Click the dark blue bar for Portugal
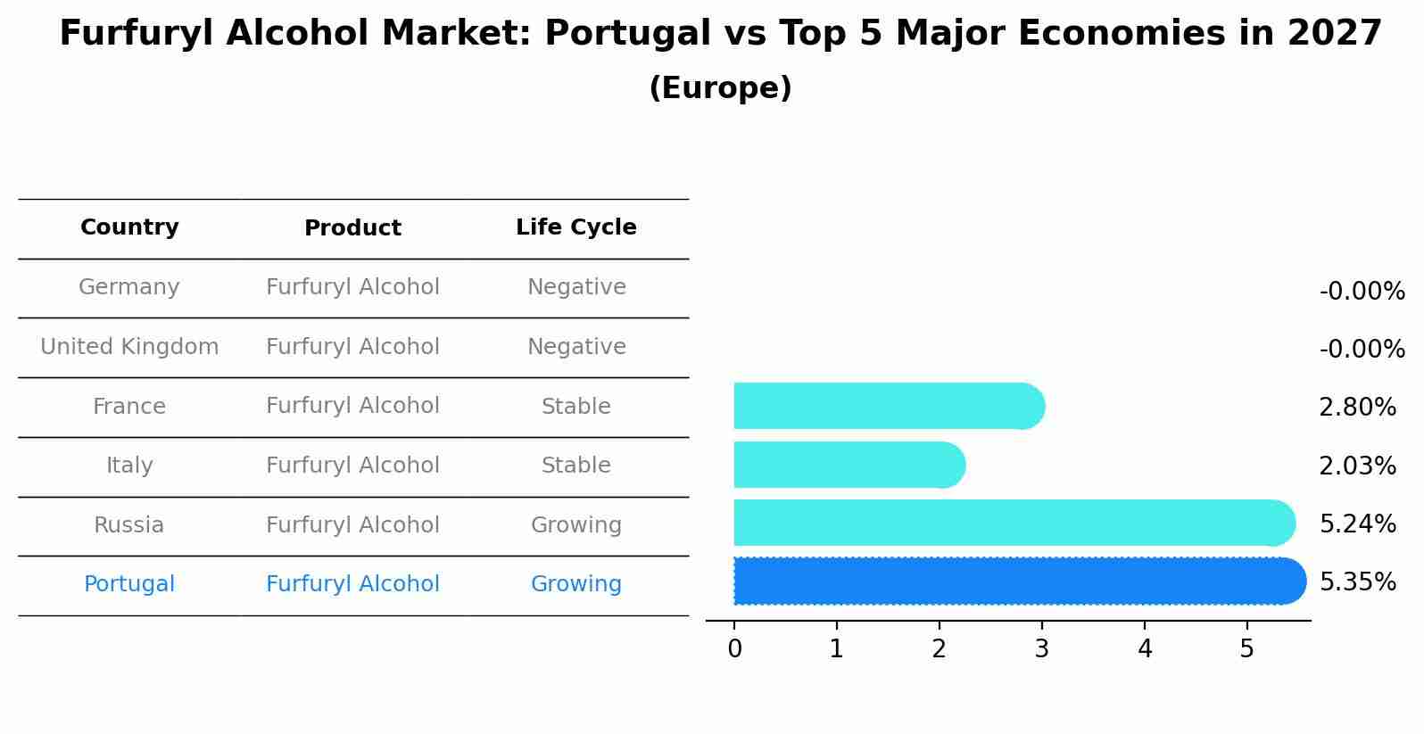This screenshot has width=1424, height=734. point(1017,581)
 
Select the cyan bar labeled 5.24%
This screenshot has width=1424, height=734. point(1013,523)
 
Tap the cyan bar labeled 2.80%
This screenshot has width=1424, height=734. point(888,406)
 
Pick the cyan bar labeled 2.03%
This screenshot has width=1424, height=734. point(848,465)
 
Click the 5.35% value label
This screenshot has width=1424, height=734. point(1357,582)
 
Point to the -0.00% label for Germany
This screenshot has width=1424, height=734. point(1362,292)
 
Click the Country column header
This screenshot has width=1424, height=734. point(129,227)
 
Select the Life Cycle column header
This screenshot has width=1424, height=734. point(575,227)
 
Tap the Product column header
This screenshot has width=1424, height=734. point(352,228)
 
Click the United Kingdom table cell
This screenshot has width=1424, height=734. point(129,347)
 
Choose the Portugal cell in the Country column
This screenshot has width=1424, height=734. point(129,584)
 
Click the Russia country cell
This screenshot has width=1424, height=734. point(129,525)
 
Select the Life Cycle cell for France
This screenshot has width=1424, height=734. point(575,407)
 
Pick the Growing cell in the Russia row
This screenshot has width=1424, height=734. point(575,525)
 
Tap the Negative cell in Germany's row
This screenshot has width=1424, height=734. point(575,287)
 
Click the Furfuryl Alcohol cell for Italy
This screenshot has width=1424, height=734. point(352,466)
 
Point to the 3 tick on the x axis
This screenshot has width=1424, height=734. point(1041,649)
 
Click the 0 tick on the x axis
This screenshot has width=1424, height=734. point(734,649)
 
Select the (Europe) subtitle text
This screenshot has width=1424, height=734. point(720,88)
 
